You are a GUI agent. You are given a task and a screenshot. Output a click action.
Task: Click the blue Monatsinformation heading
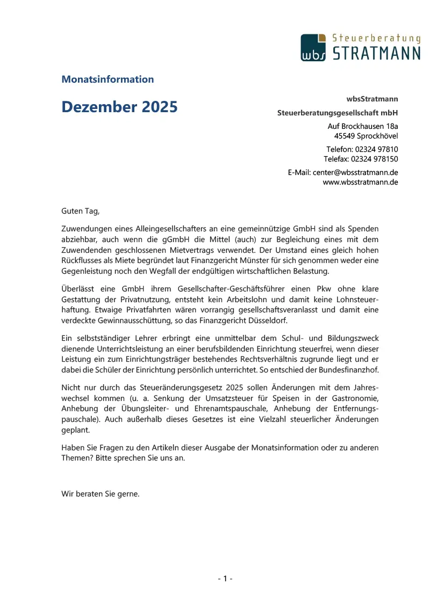(107, 79)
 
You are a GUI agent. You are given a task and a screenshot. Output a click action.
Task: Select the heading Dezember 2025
(119, 107)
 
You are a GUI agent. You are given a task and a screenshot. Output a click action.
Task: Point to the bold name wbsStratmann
(372, 99)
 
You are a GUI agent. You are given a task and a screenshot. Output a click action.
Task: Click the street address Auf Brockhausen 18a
(363, 126)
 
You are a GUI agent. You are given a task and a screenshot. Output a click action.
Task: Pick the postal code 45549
(345, 136)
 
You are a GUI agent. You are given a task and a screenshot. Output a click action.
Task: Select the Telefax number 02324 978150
(374, 159)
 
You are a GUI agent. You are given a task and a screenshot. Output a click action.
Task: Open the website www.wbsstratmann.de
(360, 182)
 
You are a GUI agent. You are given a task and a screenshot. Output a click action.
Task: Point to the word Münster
(281, 260)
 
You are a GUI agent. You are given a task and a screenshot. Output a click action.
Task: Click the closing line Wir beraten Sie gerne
(101, 494)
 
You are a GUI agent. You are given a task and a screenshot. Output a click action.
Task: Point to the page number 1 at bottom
(225, 578)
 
